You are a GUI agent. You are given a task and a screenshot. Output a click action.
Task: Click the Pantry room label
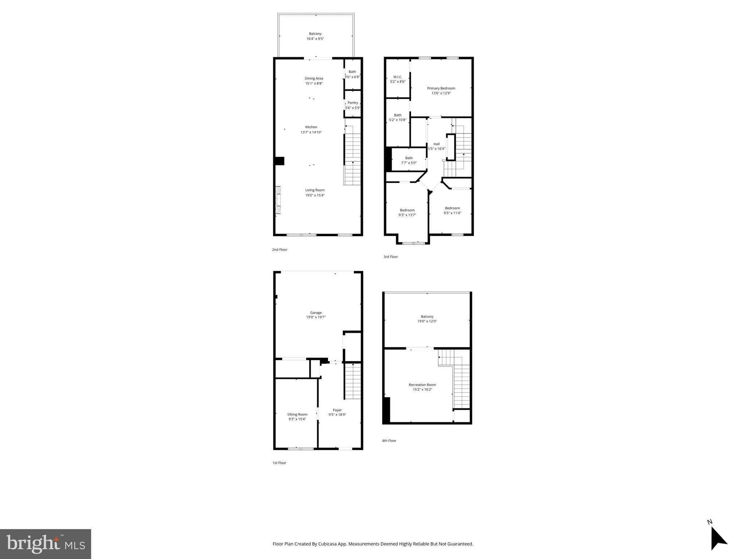(x=352, y=103)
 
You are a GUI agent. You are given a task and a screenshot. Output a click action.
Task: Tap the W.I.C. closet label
(x=398, y=77)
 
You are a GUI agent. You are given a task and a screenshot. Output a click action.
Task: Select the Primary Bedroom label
(x=441, y=88)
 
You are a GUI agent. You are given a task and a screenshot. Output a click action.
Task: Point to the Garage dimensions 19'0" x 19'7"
(x=316, y=317)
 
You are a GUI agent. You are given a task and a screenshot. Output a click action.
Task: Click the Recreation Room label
(x=422, y=385)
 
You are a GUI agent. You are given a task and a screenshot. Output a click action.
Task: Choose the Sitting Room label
(x=297, y=414)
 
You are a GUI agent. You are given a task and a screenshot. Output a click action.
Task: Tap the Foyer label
(x=337, y=410)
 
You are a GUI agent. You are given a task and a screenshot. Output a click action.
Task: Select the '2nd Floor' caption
(x=280, y=250)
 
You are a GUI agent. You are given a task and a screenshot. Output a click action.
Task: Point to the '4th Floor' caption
(x=389, y=441)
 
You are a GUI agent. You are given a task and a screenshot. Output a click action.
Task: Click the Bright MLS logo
(x=46, y=544)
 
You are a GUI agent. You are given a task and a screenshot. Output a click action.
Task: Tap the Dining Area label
(x=314, y=78)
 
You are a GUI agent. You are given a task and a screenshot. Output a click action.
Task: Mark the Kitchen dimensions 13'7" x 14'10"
(x=311, y=132)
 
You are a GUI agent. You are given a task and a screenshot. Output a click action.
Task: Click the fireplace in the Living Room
(x=278, y=200)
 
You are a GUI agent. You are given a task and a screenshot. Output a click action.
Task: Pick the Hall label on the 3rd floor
(x=436, y=144)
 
